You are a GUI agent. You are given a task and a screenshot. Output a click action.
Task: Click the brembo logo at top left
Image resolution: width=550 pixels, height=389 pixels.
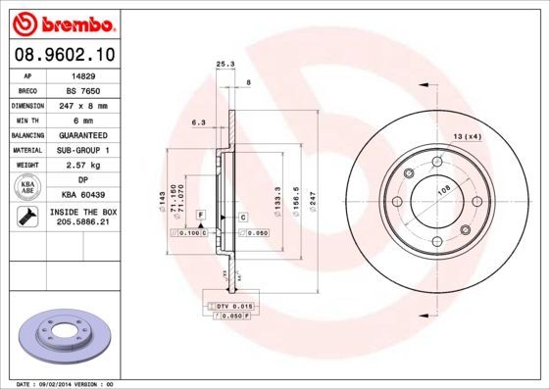(x=63, y=22)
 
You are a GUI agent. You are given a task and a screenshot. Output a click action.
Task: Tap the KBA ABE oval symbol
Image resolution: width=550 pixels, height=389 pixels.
(x=28, y=187)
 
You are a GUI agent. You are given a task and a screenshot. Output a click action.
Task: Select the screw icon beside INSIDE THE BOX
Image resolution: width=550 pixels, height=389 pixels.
(x=28, y=218)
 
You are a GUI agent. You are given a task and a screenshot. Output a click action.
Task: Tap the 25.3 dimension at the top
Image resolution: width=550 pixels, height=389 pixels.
(x=225, y=65)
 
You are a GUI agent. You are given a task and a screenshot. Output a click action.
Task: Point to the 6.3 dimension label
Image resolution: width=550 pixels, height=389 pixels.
(x=197, y=122)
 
